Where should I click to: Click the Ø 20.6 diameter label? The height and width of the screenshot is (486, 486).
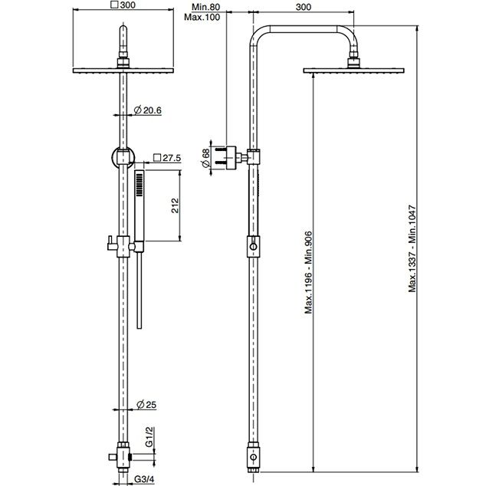click(x=147, y=110)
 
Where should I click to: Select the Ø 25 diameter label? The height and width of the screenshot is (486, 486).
click(x=146, y=405)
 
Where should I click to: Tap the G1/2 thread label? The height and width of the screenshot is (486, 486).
click(x=149, y=437)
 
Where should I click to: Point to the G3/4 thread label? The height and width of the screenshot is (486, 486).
click(x=144, y=479)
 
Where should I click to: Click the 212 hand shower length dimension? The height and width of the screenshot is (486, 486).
click(x=175, y=205)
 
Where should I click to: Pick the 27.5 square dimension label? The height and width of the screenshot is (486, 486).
click(x=167, y=158)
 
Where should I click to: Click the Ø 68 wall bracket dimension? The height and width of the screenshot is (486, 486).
click(x=205, y=158)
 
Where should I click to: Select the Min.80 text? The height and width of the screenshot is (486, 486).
click(x=205, y=7)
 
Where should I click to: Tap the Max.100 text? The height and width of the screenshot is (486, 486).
click(x=202, y=17)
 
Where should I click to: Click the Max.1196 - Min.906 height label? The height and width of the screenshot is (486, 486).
click(x=309, y=272)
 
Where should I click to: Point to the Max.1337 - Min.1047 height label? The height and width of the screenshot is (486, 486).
click(x=412, y=248)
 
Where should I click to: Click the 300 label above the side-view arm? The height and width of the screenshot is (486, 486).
click(x=303, y=7)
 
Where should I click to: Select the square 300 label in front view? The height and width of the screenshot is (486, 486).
click(x=123, y=5)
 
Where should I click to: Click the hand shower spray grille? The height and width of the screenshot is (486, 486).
click(x=140, y=185)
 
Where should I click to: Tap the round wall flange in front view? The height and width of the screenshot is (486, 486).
click(x=123, y=157)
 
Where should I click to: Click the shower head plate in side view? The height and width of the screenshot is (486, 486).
click(x=353, y=71)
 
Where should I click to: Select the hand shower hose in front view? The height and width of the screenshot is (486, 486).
click(x=140, y=290)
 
